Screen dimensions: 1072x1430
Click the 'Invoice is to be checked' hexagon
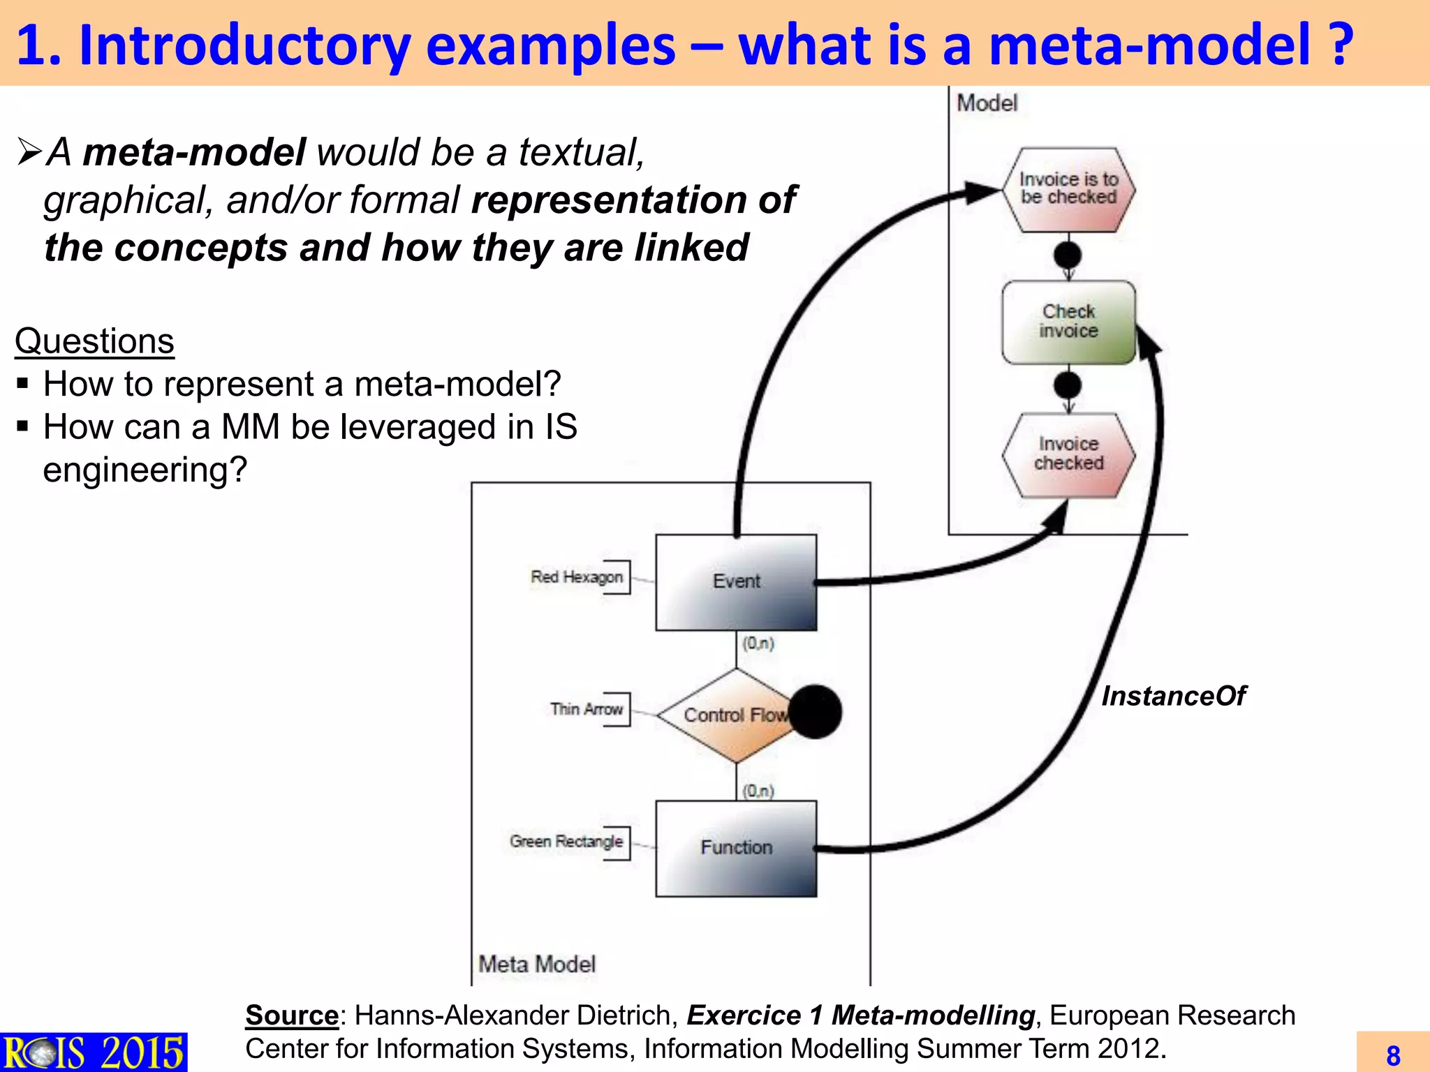[1068, 189]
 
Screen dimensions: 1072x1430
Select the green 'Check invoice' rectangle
[1068, 322]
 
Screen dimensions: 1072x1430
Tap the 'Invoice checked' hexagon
[1068, 454]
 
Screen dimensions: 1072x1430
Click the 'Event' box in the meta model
[736, 582]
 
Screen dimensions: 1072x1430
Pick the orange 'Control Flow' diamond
[726, 715]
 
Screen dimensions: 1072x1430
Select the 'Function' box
[736, 848]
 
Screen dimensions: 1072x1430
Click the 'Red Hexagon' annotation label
[577, 577]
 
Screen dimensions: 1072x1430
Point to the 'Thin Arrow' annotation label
[587, 709]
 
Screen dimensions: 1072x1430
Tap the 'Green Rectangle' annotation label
[566, 842]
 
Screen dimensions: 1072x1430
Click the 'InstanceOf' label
[1173, 696]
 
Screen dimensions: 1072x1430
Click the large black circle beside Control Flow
[816, 712]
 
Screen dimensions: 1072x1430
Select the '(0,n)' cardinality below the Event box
[758, 643]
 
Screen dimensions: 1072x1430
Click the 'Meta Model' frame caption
[537, 964]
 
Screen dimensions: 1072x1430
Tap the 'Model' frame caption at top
[987, 103]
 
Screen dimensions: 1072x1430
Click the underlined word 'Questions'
[94, 341]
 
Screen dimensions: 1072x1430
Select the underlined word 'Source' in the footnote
[292, 1015]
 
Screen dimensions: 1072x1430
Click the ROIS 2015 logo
[94, 1052]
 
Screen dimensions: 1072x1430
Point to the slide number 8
[1393, 1055]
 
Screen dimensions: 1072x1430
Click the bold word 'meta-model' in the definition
[194, 152]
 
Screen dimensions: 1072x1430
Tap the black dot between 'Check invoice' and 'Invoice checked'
[1068, 385]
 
